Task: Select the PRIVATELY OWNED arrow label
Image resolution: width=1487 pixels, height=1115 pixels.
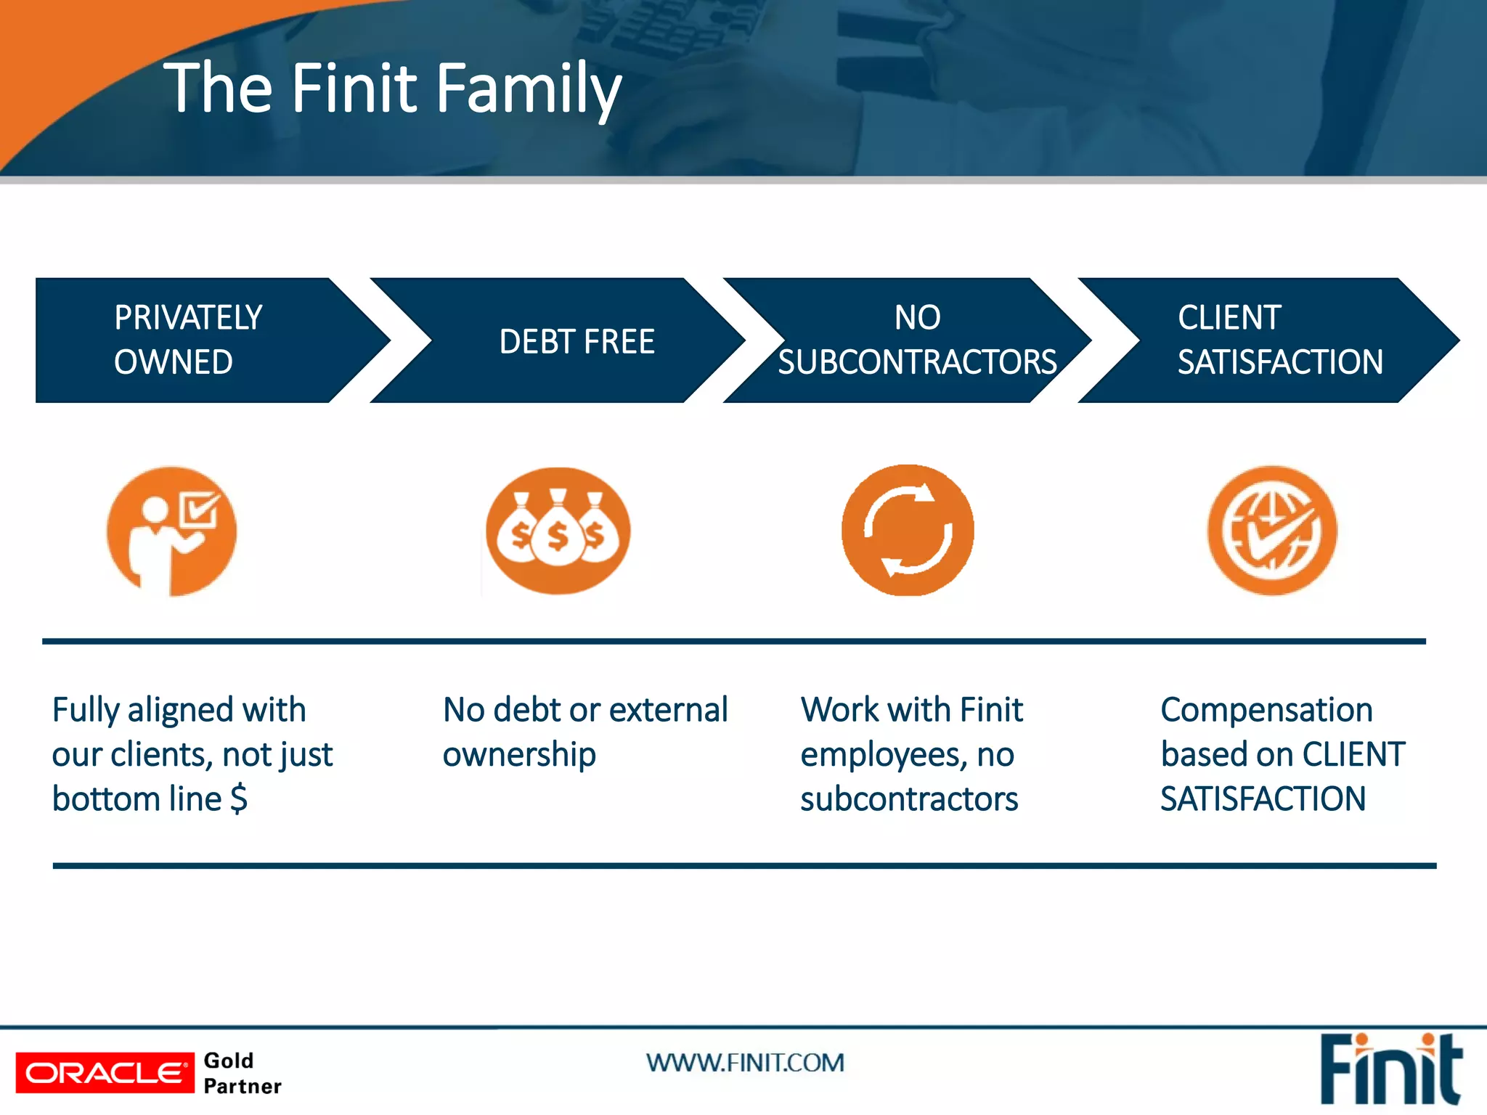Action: coord(187,340)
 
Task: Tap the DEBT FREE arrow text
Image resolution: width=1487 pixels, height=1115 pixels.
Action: coord(577,341)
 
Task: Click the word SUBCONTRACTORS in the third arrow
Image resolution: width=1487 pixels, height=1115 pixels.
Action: coord(917,362)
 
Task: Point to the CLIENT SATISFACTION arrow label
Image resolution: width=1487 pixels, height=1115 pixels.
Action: coord(1279,340)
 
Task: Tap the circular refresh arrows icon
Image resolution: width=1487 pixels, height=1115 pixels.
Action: coord(908,531)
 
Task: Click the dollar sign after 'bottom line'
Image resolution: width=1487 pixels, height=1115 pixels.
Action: coord(239,799)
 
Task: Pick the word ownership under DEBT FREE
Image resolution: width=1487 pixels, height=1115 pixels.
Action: coord(519,754)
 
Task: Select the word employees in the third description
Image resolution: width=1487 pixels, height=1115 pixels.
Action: coord(883,755)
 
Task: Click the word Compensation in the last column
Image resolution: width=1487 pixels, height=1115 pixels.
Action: coord(1266,709)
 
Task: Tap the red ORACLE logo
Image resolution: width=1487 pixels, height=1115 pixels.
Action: coord(105,1072)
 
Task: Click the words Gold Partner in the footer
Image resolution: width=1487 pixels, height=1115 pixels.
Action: coord(242,1073)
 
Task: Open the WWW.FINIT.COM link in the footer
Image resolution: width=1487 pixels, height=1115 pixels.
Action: coord(745,1063)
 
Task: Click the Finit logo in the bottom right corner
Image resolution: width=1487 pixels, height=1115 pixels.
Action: coord(1389,1069)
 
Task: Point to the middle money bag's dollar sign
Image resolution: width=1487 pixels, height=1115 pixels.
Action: coord(558,537)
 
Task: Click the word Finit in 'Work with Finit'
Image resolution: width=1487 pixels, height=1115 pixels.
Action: coord(991,709)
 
